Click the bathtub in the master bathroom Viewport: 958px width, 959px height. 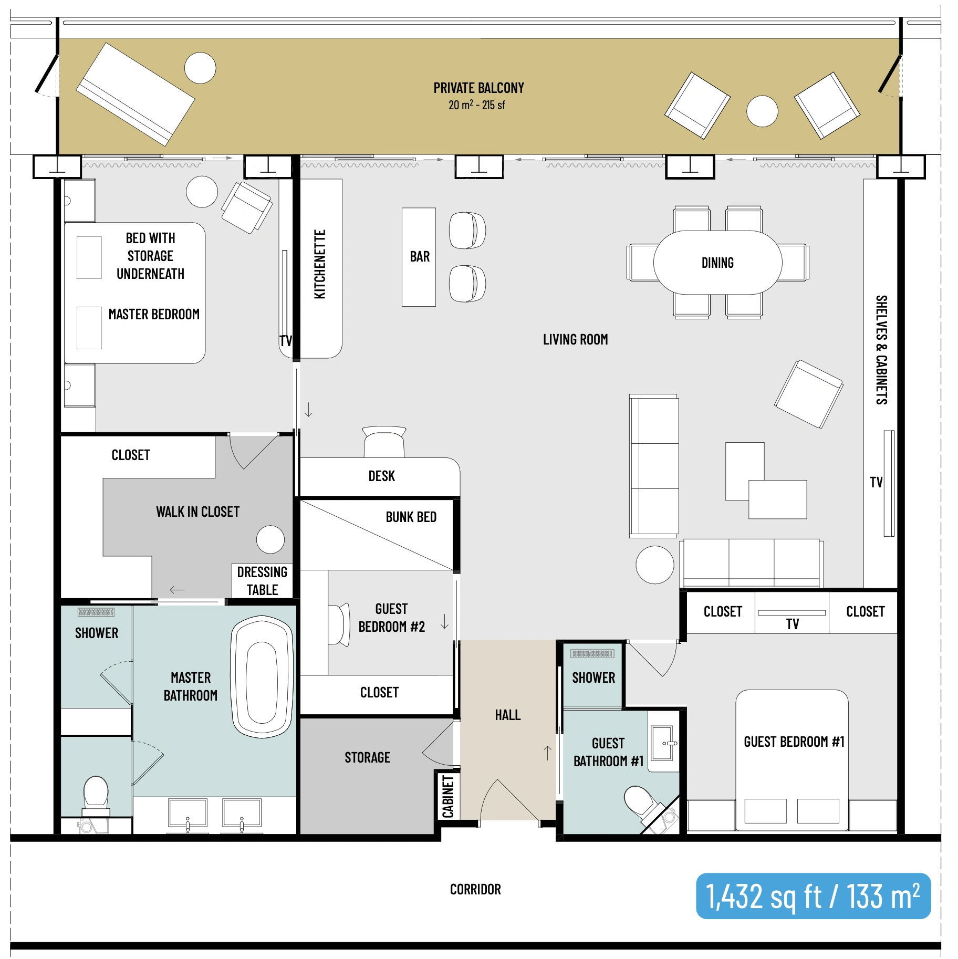pyautogui.click(x=262, y=676)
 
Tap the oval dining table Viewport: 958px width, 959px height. pyautogui.click(x=717, y=262)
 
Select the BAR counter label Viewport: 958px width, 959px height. pyautogui.click(x=420, y=256)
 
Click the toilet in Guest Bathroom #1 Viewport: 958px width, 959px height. pyautogui.click(x=640, y=802)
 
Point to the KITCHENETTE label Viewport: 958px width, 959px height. pyautogui.click(x=320, y=264)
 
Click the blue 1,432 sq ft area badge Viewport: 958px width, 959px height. pyautogui.click(x=813, y=896)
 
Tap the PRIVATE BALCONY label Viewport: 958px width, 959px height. pyautogui.click(x=478, y=88)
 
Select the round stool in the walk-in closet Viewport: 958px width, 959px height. pyautogui.click(x=270, y=539)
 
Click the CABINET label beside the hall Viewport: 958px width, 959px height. pyautogui.click(x=448, y=797)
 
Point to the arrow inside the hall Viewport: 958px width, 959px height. pyautogui.click(x=547, y=753)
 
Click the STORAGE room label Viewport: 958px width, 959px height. pyautogui.click(x=367, y=757)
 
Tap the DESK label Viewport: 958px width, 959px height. pyautogui.click(x=381, y=476)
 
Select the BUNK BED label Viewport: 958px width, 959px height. pyautogui.click(x=411, y=517)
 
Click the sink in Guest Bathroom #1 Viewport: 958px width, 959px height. pyautogui.click(x=663, y=743)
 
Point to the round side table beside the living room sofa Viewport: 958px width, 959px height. pyautogui.click(x=654, y=565)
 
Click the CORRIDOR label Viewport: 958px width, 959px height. pyautogui.click(x=475, y=889)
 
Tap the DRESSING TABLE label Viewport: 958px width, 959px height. pyautogui.click(x=262, y=581)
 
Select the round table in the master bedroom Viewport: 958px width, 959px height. pyautogui.click(x=202, y=192)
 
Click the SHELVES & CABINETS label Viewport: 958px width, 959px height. pyautogui.click(x=881, y=350)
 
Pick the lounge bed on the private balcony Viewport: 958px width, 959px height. pyautogui.click(x=136, y=94)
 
